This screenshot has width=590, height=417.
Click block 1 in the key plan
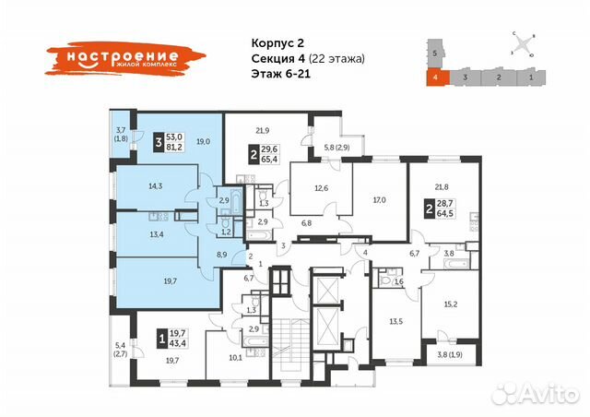532,80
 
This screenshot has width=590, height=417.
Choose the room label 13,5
396,321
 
